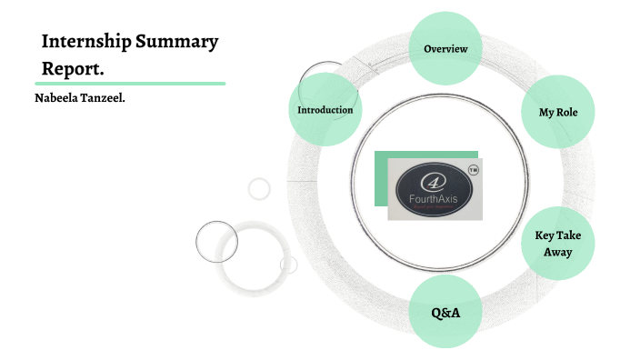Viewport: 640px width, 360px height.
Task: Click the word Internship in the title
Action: click(x=86, y=42)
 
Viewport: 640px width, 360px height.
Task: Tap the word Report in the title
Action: click(x=71, y=67)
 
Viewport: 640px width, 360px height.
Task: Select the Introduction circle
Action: click(x=325, y=110)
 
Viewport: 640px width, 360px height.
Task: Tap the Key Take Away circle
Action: click(x=557, y=244)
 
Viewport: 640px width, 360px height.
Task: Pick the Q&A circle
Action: click(x=445, y=313)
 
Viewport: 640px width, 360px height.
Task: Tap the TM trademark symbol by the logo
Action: click(x=473, y=170)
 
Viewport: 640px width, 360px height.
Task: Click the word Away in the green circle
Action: click(x=557, y=252)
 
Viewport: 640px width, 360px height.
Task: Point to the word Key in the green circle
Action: click(x=545, y=235)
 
